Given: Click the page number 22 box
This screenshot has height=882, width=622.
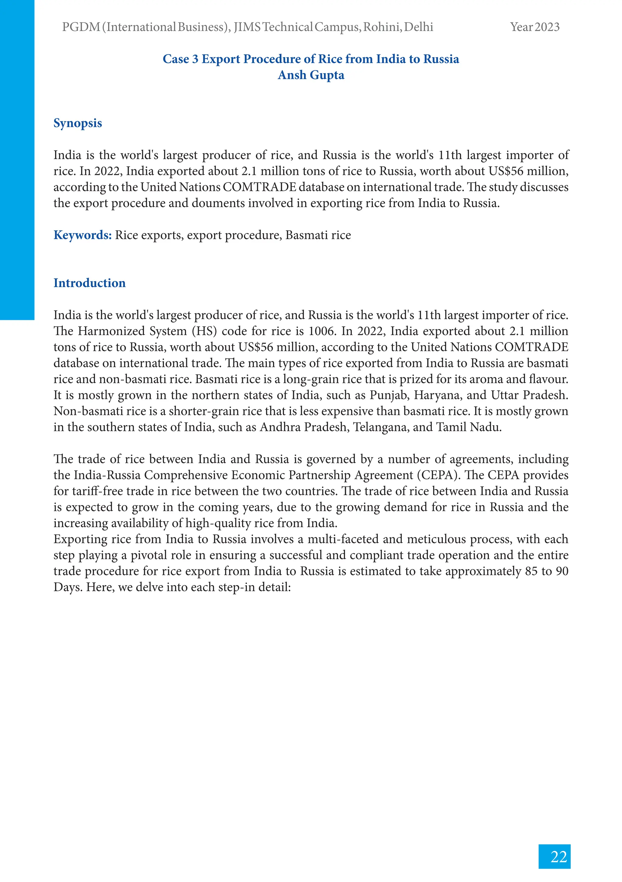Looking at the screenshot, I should (554, 856).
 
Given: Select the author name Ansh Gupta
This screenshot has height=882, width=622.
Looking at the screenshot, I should (311, 75).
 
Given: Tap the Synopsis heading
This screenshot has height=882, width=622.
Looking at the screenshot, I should (78, 123).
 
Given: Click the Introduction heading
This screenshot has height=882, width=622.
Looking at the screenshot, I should (89, 283).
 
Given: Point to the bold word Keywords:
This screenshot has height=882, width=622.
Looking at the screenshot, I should (82, 235).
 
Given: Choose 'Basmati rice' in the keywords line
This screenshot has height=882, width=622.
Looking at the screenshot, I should (318, 235).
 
